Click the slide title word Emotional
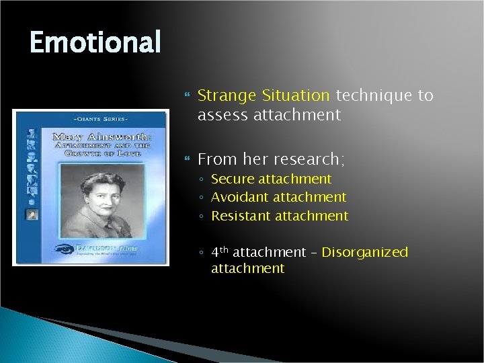coord(95,42)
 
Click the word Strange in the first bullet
coord(221,96)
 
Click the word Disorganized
coord(365,253)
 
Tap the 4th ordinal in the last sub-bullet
coord(220,253)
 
